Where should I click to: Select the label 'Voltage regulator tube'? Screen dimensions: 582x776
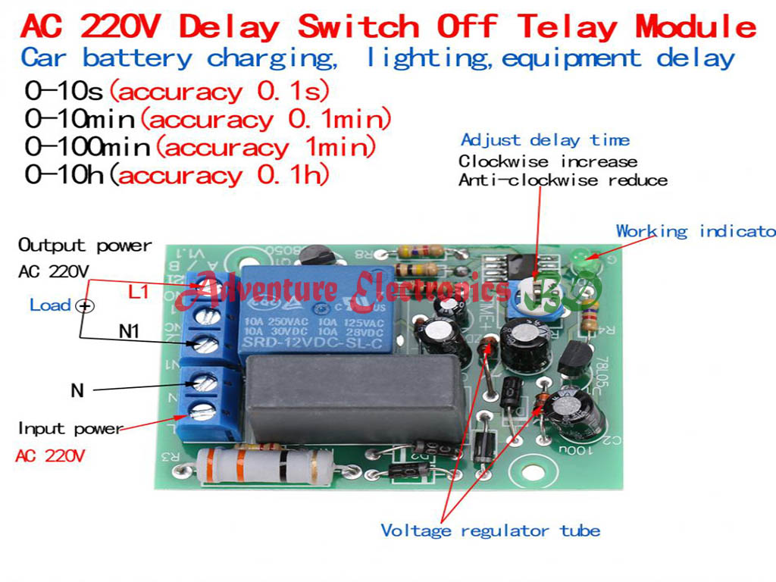tap(490, 530)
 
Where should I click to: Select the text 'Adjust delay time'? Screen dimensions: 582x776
tap(545, 140)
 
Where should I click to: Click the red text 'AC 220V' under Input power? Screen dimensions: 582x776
tap(50, 456)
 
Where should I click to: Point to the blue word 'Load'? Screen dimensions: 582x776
tap(50, 305)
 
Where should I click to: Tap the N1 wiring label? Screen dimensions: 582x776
tap(134, 330)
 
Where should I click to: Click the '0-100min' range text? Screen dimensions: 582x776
tap(88, 147)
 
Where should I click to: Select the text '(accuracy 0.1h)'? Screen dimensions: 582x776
tap(221, 176)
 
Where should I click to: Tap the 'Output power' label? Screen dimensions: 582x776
tap(85, 246)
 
